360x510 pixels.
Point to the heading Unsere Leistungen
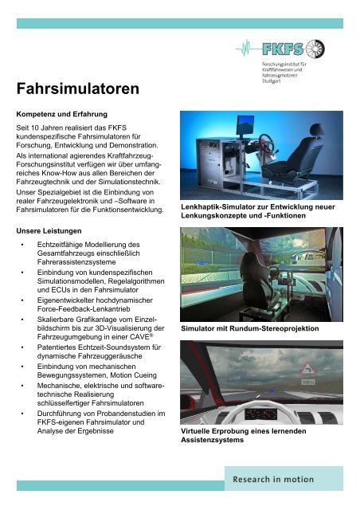click(x=52, y=230)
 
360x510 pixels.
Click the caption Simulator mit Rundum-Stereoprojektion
click(x=249, y=328)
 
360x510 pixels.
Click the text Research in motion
click(x=278, y=480)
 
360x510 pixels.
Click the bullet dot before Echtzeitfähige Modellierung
click(x=23, y=245)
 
